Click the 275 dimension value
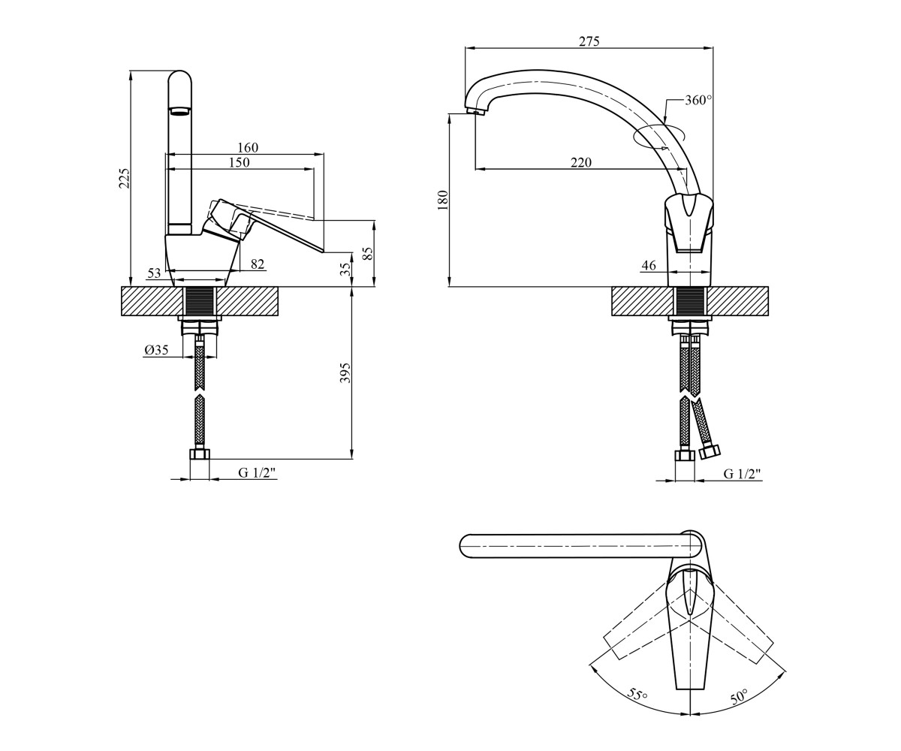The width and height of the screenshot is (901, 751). [x=589, y=41]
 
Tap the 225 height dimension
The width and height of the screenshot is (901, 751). [x=125, y=178]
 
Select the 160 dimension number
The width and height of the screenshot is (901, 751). [x=248, y=148]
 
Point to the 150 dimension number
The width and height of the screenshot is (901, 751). [x=239, y=162]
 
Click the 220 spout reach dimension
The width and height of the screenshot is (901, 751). [x=581, y=163]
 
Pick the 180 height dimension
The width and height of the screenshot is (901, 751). [x=444, y=200]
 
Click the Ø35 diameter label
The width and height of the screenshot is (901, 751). [x=157, y=350]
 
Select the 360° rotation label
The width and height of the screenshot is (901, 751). [x=698, y=100]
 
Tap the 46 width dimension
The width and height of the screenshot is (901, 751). [x=649, y=265]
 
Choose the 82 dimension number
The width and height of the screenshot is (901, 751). [x=258, y=264]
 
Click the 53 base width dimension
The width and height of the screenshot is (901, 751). [x=154, y=273]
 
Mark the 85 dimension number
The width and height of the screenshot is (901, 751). [x=368, y=253]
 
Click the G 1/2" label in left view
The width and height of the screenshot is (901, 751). [x=258, y=473]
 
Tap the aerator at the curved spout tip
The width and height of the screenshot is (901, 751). [x=476, y=112]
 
